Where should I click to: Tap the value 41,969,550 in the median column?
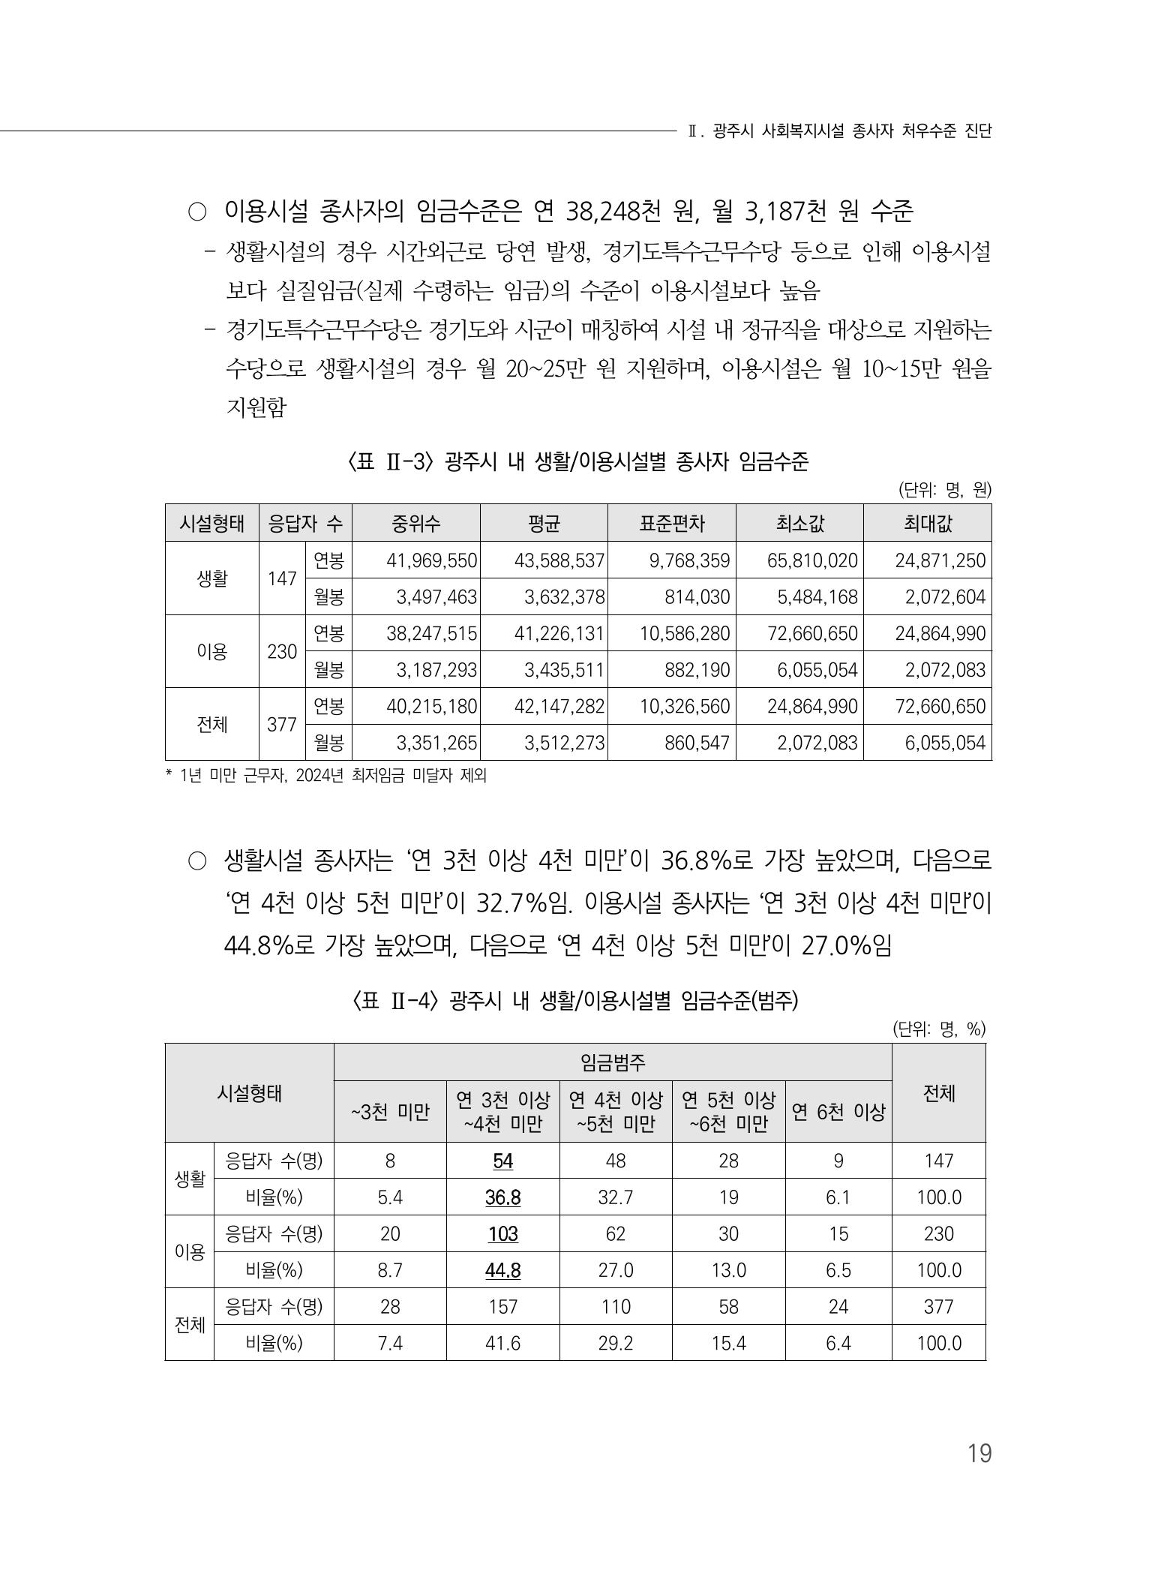[x=432, y=560]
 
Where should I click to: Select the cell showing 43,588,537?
[x=559, y=560]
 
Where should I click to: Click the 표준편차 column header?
[x=671, y=523]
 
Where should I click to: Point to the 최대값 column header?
[x=927, y=523]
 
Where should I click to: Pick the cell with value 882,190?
[x=697, y=670]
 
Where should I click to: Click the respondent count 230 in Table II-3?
[x=282, y=652]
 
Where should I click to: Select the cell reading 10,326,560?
[x=685, y=707]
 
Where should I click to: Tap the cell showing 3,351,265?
[x=436, y=743]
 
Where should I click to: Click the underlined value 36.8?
[x=502, y=1197]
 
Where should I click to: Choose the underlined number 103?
[x=502, y=1234]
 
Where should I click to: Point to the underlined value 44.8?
[x=502, y=1270]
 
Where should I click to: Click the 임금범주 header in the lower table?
[x=612, y=1062]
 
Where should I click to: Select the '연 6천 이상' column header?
[x=838, y=1112]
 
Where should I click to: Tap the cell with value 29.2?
[x=615, y=1343]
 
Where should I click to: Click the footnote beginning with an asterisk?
[x=325, y=776]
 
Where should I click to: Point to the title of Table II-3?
[x=577, y=461]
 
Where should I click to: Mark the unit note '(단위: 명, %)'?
[x=938, y=1029]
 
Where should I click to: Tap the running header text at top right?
[x=839, y=131]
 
